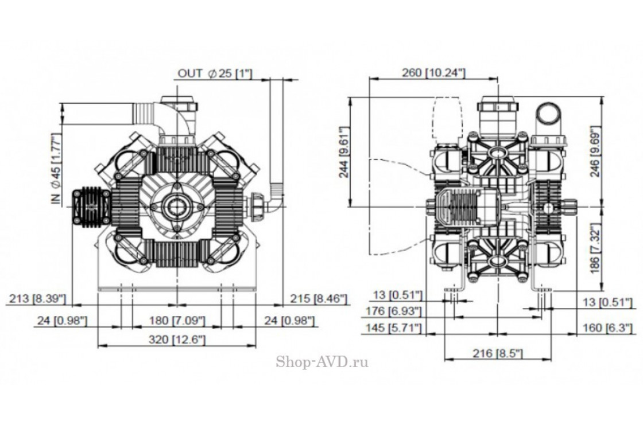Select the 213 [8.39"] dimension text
tap(38, 298)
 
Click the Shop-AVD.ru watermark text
tap(322, 361)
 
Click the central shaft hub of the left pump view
tap(176, 205)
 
